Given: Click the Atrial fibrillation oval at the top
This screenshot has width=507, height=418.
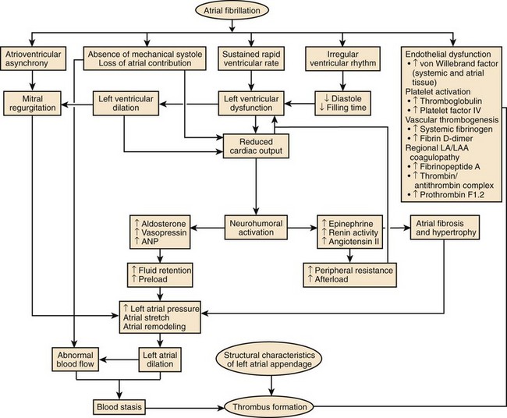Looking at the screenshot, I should coord(253,12).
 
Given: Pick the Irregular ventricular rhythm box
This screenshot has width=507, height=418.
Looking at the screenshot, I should coord(339,59).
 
